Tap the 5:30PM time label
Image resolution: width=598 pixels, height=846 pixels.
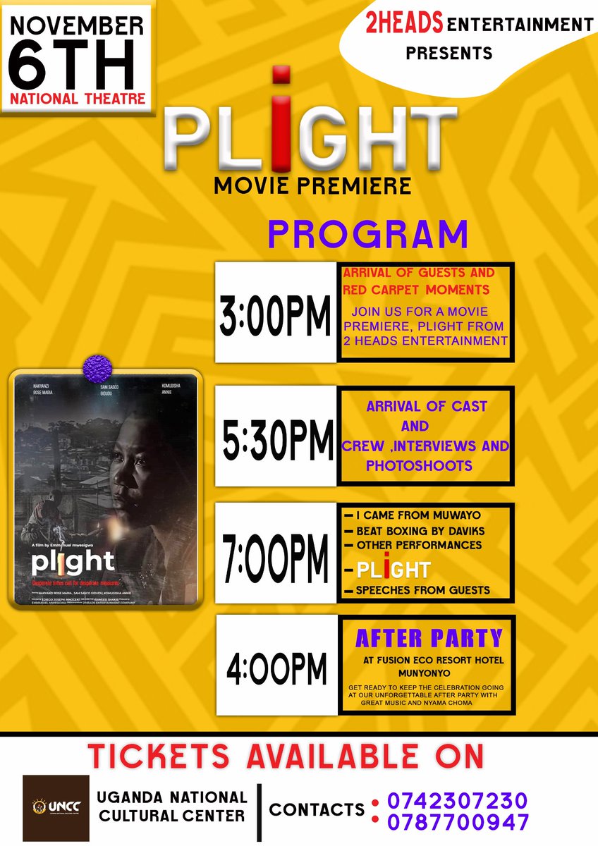[276, 435]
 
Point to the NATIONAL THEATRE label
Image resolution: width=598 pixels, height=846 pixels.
[76, 98]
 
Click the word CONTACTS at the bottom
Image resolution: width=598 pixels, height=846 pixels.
[317, 809]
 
